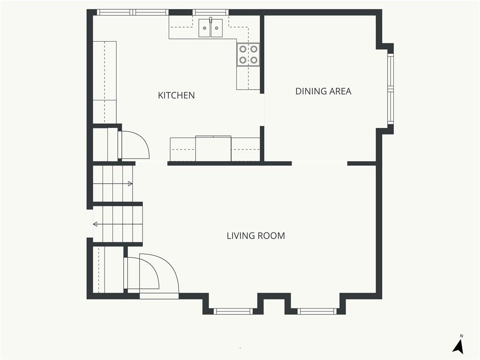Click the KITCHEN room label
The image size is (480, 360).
click(x=176, y=96)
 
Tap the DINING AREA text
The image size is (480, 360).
click(x=323, y=91)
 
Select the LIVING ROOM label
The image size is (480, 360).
click(x=255, y=236)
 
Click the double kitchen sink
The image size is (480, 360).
click(x=210, y=28)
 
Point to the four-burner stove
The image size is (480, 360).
click(x=248, y=54)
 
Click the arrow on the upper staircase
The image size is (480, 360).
click(x=128, y=184)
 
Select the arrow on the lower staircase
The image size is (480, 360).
click(x=97, y=224)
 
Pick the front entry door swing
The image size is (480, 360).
click(x=159, y=277)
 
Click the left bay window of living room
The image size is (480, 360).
click(x=233, y=311)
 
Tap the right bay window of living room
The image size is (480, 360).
click(x=317, y=311)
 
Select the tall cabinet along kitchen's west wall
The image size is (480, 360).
click(x=105, y=82)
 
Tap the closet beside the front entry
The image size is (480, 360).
click(x=104, y=270)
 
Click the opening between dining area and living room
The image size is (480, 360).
click(x=320, y=164)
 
